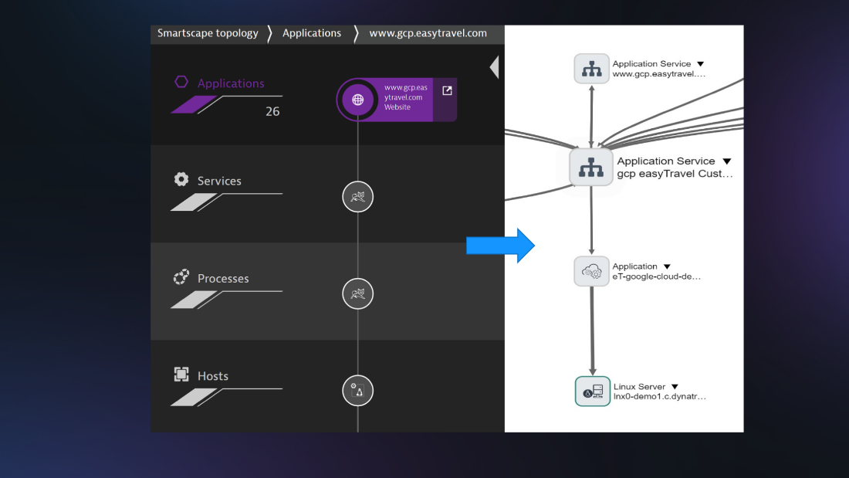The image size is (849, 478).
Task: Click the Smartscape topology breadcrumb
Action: [x=208, y=34]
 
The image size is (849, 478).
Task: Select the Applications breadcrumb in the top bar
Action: [x=312, y=34]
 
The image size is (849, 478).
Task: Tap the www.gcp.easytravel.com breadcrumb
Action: [x=428, y=34]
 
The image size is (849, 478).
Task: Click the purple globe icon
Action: [x=357, y=100]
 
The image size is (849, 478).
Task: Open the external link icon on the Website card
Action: [x=447, y=90]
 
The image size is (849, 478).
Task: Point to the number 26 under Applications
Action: [x=272, y=112]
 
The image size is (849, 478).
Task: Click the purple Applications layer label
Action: [x=231, y=83]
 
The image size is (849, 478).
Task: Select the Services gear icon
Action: [x=181, y=179]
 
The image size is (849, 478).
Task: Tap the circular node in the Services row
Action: [x=358, y=197]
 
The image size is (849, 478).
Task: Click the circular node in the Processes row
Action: [x=358, y=293]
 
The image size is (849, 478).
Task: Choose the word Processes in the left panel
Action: [x=223, y=279]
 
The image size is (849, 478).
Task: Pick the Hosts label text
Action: [x=213, y=376]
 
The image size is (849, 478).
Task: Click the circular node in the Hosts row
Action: [x=358, y=391]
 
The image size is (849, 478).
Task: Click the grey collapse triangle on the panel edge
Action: [x=494, y=67]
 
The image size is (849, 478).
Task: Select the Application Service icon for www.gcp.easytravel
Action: [x=591, y=69]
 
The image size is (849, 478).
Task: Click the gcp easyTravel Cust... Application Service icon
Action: [x=590, y=168]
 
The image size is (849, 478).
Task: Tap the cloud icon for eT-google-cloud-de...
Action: [x=591, y=271]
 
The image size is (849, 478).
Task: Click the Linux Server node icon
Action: [x=592, y=392]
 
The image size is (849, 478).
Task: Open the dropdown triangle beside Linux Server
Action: [x=675, y=387]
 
